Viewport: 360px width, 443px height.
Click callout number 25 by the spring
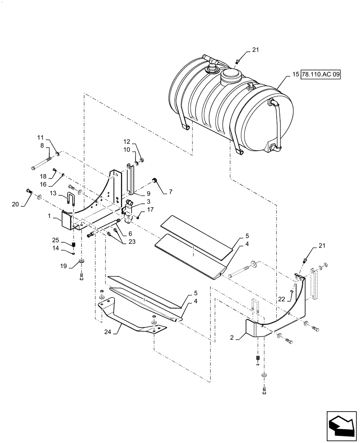coord(65,240)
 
